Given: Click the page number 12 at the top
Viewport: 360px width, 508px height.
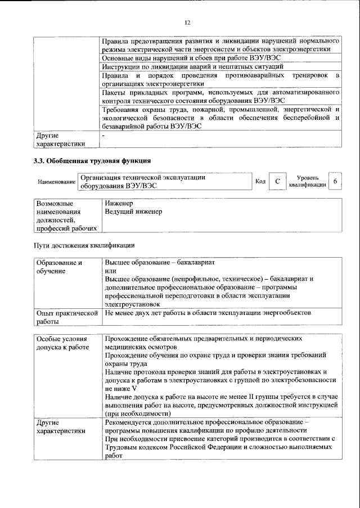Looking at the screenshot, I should (x=187, y=23).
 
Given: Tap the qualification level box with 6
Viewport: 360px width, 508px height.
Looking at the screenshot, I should (x=335, y=181).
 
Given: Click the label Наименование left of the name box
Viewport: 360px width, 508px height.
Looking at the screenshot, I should (x=57, y=182).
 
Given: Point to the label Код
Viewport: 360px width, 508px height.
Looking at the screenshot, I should (x=260, y=181).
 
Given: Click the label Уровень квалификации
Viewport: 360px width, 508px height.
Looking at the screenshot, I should (x=307, y=181).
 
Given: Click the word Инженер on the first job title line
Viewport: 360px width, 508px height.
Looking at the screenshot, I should (x=119, y=203).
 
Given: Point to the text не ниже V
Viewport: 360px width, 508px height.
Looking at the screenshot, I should (x=121, y=389).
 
